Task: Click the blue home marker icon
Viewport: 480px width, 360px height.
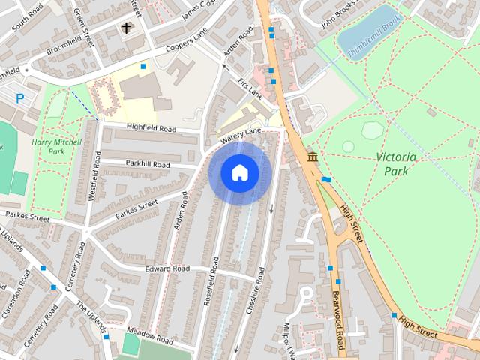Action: tap(238, 173)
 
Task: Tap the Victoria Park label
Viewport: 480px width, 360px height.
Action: tap(394, 163)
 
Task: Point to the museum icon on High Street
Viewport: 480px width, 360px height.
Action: tap(312, 157)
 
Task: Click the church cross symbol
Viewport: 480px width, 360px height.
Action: tap(127, 28)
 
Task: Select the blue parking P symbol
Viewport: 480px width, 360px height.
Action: tap(20, 98)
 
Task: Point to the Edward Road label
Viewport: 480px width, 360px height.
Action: tap(168, 268)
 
